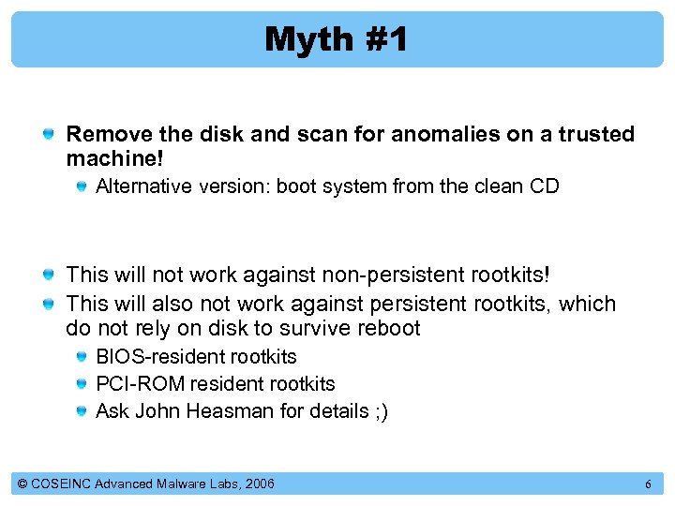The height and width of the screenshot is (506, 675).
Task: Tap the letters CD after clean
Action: pyautogui.click(x=544, y=186)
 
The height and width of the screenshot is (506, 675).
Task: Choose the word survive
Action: pyautogui.click(x=320, y=328)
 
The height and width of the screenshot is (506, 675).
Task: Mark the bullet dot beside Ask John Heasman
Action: pyautogui.click(x=84, y=411)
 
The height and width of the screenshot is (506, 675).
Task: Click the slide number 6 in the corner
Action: pyautogui.click(x=647, y=484)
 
